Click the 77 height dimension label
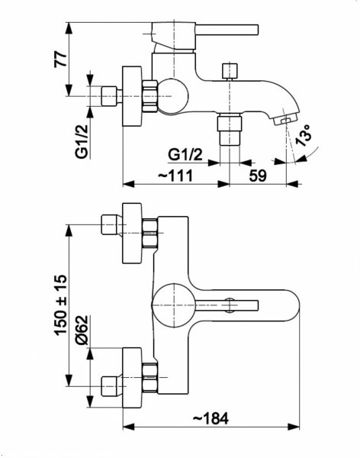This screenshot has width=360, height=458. [61, 60]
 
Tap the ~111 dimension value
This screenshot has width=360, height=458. [175, 176]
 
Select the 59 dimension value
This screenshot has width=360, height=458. [258, 176]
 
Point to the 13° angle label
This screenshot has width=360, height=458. [303, 135]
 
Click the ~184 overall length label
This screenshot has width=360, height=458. [211, 419]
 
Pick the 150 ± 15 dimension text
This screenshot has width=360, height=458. [61, 305]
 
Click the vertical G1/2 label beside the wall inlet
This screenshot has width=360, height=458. [82, 141]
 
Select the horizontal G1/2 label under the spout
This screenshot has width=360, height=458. [185, 154]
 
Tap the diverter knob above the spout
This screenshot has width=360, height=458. [230, 71]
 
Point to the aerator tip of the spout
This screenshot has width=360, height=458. [285, 120]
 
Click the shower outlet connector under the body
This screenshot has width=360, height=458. [230, 130]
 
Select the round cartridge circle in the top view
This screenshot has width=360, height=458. [173, 305]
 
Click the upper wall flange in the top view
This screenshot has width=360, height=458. [132, 234]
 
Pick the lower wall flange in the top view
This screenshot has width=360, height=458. [132, 378]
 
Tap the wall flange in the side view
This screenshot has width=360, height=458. [132, 96]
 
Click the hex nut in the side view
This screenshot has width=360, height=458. [151, 96]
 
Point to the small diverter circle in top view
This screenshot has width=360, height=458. [230, 305]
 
